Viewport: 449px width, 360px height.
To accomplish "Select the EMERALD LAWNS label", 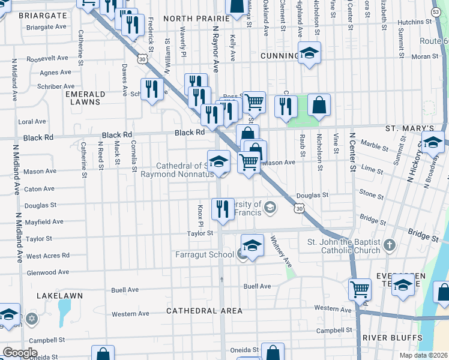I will (x=85, y=98).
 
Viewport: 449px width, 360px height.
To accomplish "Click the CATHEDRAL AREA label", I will (x=204, y=311).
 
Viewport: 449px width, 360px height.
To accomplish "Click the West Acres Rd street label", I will (x=47, y=256).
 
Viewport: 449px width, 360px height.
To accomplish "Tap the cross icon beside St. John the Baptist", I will (x=390, y=245).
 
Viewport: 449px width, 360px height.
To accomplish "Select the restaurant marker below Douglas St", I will (x=223, y=210).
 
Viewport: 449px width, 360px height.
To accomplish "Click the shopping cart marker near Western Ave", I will (x=360, y=289).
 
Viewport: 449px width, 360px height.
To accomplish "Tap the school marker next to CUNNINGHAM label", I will (x=309, y=54).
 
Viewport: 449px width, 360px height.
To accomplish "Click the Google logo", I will (x=20, y=353).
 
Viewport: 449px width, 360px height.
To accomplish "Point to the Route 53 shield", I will (x=436, y=12).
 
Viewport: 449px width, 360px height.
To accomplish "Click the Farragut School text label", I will (x=204, y=254).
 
